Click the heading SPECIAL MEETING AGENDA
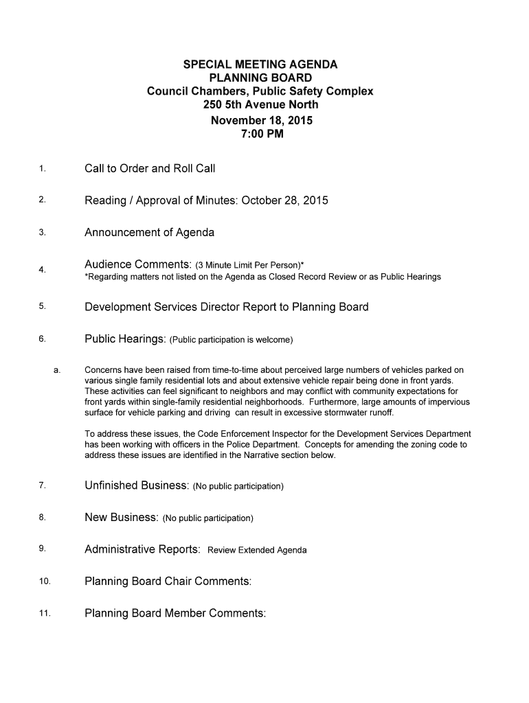pos(260,65)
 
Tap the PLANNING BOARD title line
pos(260,78)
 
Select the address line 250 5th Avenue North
pos(260,105)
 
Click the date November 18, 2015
pos(260,120)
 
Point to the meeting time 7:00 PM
pos(260,134)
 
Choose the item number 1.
pos(43,169)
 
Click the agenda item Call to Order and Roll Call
pos(150,168)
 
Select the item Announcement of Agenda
pos(149,232)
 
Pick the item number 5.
pos(43,307)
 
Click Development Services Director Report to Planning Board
pos(226,307)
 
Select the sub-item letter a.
pos(56,370)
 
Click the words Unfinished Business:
pos(137,485)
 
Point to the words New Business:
pos(122,517)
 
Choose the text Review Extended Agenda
pos(257,550)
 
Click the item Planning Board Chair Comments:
pos(168,581)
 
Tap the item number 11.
pos(45,614)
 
